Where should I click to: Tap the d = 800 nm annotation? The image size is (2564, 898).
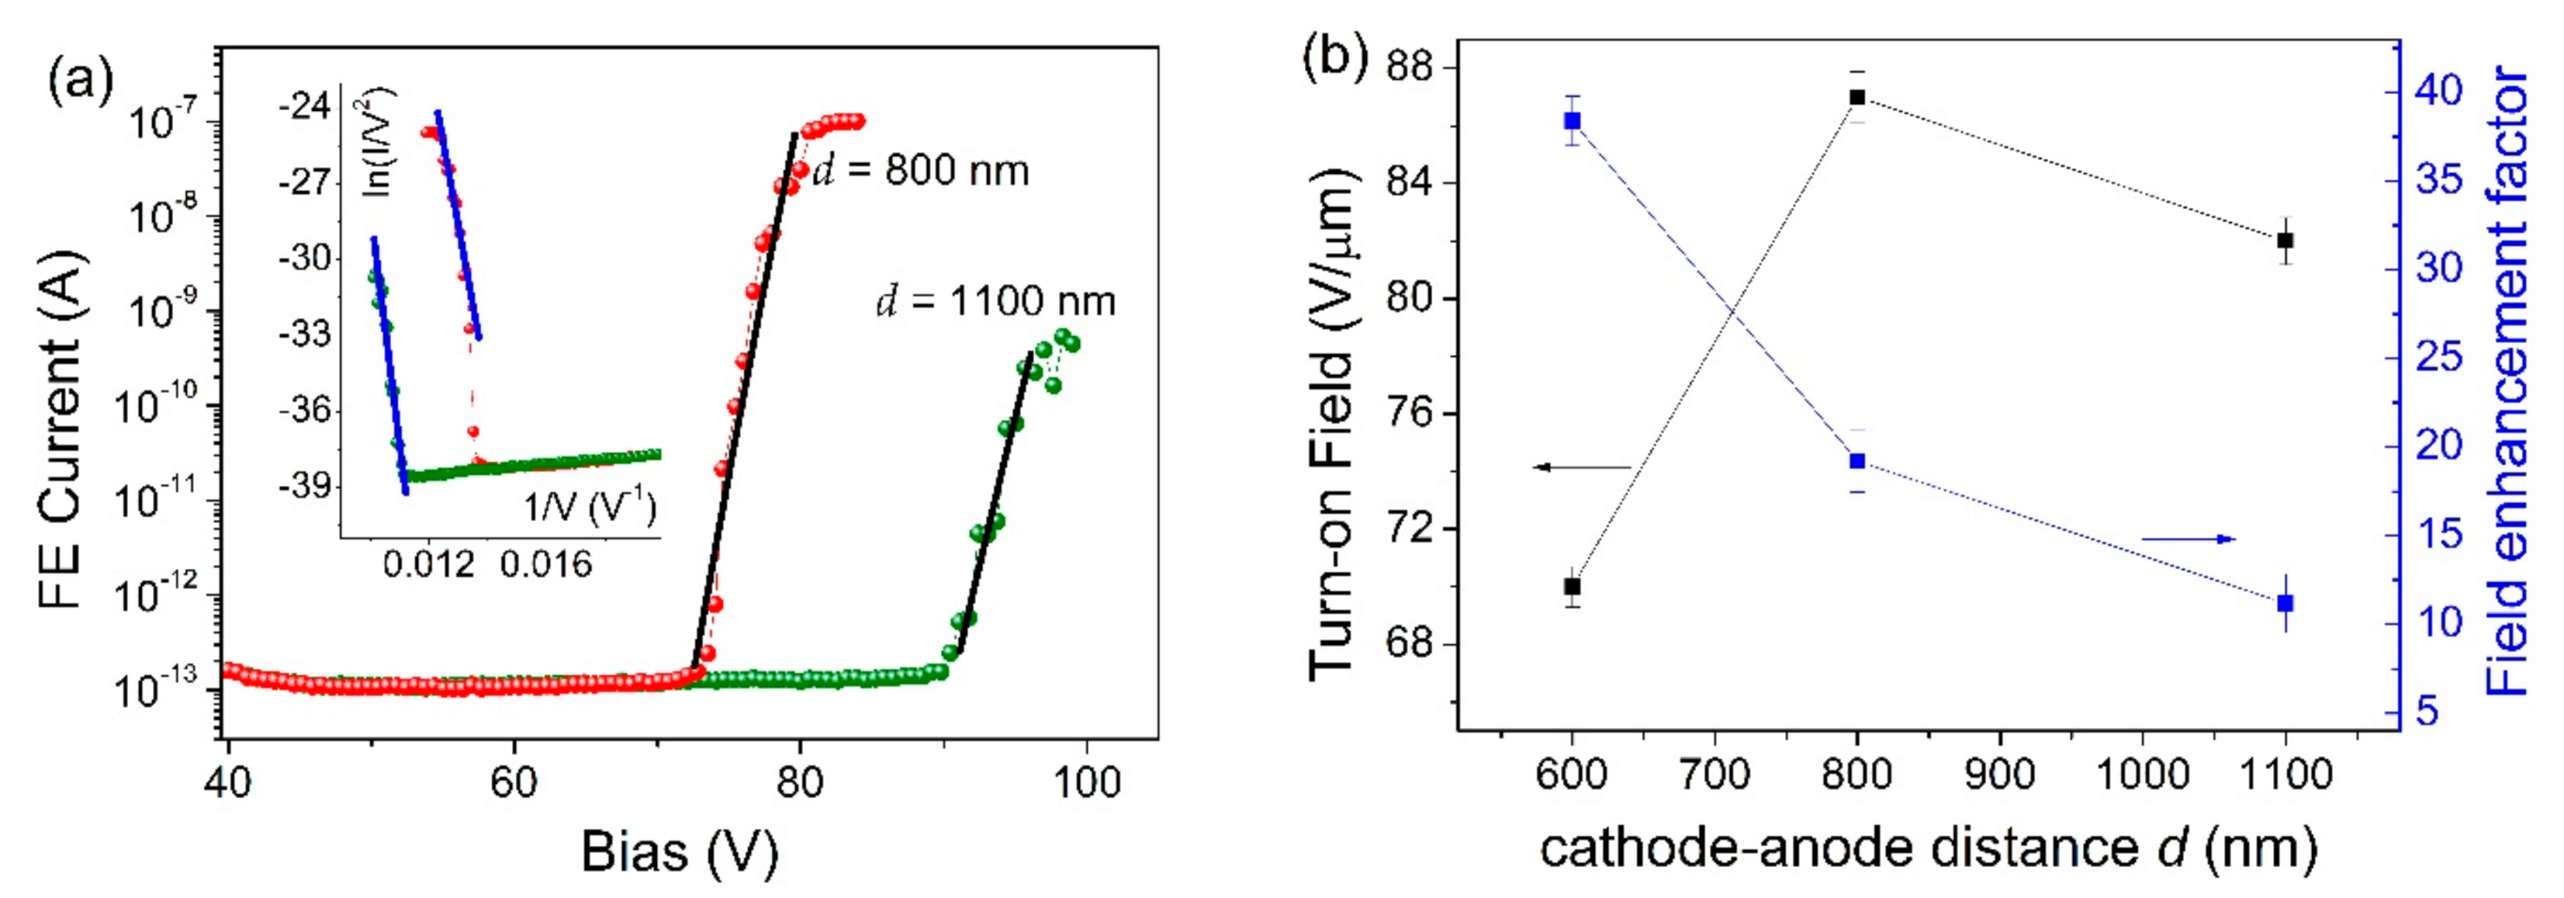pyautogui.click(x=922, y=171)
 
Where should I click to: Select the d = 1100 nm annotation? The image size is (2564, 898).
pyautogui.click(x=995, y=300)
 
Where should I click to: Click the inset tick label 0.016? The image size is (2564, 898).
pyautogui.click(x=545, y=565)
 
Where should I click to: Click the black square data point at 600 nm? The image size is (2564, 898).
pyautogui.click(x=1572, y=586)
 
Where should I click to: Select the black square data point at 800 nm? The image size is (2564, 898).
pyautogui.click(x=1857, y=98)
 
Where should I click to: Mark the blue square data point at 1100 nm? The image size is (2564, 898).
pyautogui.click(x=2285, y=604)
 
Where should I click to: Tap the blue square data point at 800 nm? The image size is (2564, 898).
pyautogui.click(x=1857, y=461)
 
